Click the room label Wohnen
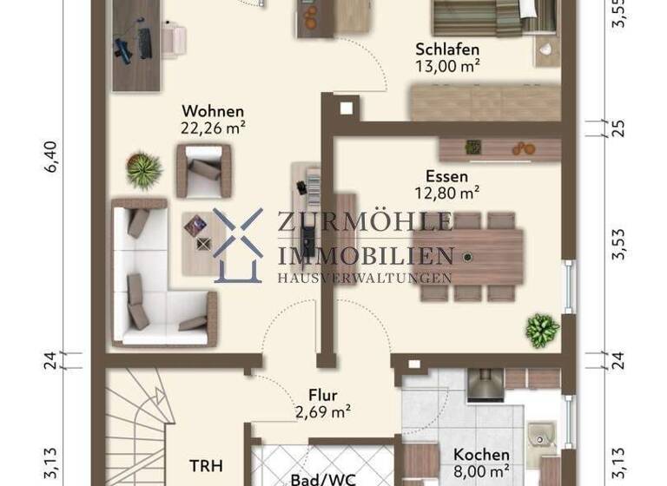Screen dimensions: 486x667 pos(212,112)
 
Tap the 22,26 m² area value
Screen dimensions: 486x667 pos(212,128)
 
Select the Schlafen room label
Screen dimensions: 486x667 pos(447,49)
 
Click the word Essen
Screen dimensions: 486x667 pos(447,176)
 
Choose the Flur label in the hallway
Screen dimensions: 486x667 pos(322,395)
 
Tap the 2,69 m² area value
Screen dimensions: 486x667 pos(322,411)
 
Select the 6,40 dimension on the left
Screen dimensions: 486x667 pos(51,161)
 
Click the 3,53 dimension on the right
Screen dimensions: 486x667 pos(618,245)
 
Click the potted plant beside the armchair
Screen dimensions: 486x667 pos(143,170)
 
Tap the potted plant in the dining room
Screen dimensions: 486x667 pos(542,330)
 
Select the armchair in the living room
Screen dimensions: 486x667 pos(205,170)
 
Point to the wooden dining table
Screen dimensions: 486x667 pos(469,257)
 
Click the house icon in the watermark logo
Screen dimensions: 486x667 pos(238,246)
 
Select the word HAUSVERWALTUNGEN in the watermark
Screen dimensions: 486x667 pos(364,279)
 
